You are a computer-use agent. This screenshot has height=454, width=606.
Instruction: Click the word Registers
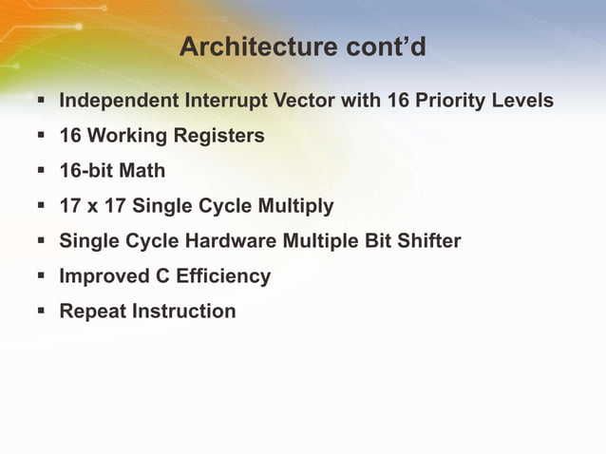click(218, 136)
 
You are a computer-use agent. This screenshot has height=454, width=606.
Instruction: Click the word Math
click(142, 171)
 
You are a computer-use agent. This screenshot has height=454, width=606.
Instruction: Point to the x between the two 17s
click(94, 206)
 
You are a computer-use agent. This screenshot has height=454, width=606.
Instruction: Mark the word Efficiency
click(223, 276)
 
